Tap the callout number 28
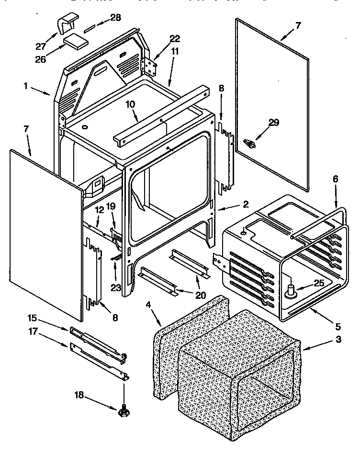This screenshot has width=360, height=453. (115, 18)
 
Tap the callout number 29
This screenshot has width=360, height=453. (273, 123)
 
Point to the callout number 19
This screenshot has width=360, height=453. (111, 206)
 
